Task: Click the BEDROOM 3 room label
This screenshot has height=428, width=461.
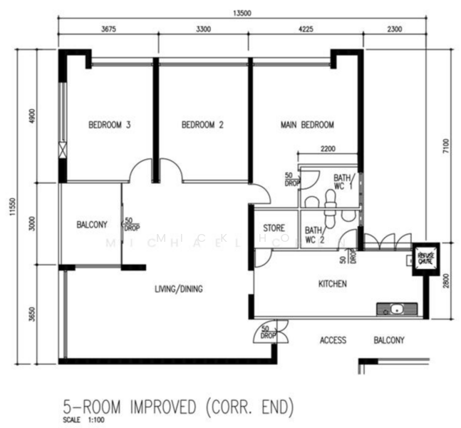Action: (109, 125)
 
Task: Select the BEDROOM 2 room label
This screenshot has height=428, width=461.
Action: (202, 125)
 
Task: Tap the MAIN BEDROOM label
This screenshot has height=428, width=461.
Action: (306, 125)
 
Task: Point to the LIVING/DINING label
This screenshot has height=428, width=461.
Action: (179, 289)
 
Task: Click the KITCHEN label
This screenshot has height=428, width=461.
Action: (332, 284)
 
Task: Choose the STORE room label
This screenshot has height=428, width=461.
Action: (274, 228)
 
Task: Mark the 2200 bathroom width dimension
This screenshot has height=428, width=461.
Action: (328, 149)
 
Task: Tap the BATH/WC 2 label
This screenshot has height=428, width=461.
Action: (313, 235)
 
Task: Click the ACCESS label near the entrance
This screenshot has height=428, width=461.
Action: (333, 340)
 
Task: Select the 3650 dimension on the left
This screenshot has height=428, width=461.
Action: (29, 314)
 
